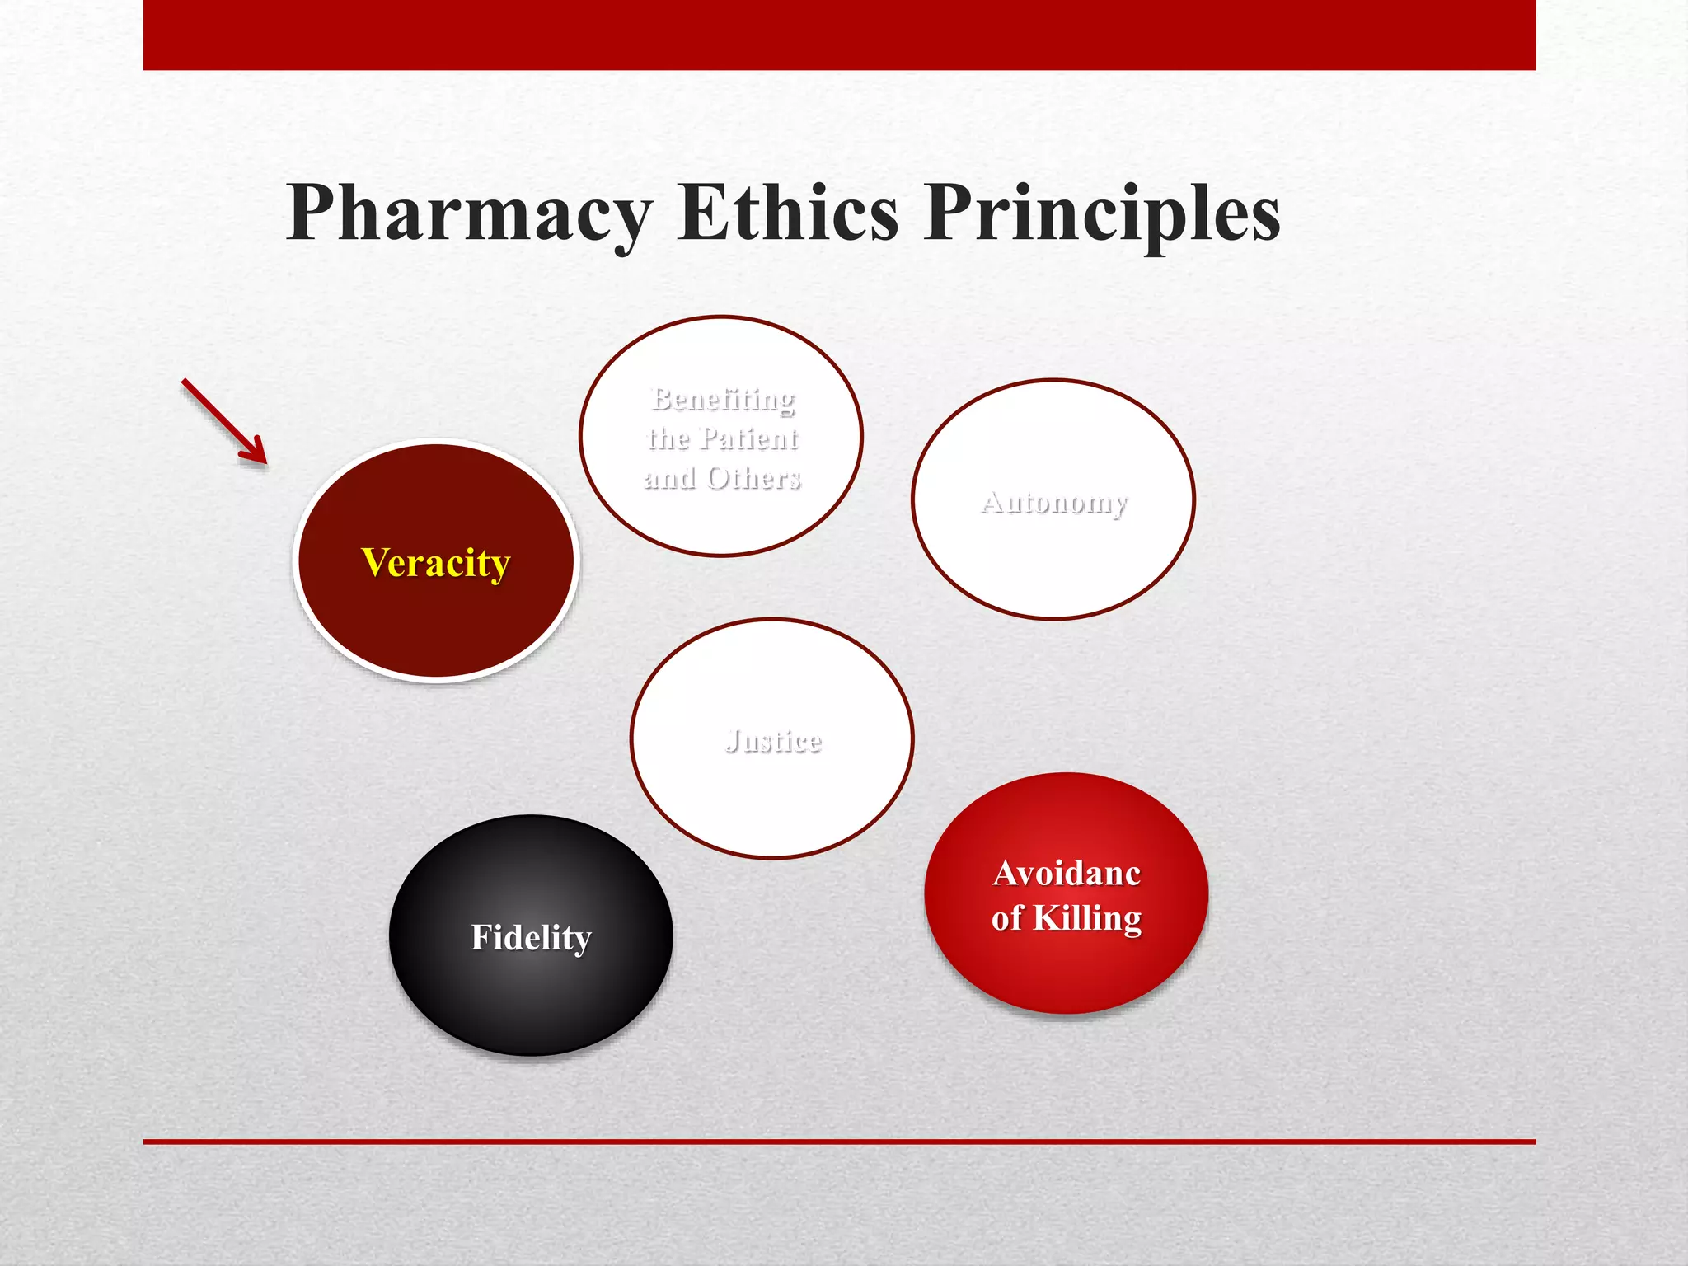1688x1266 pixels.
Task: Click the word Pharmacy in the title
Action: point(468,214)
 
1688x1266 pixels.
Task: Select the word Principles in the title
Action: point(1102,214)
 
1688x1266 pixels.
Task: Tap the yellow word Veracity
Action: point(435,564)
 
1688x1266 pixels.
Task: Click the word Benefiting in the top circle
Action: point(723,399)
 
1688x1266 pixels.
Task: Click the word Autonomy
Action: point(1054,502)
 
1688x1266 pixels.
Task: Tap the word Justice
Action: point(773,740)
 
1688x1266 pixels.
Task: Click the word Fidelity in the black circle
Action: point(531,937)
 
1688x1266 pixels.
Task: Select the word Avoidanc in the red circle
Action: point(1067,873)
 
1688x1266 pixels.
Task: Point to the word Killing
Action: point(1087,918)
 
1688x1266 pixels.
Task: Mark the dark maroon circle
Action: point(435,626)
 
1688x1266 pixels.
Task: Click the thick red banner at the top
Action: point(839,35)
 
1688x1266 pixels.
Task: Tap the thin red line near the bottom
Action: point(839,1142)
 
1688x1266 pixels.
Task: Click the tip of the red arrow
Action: point(265,462)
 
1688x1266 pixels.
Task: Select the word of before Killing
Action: point(1007,918)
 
